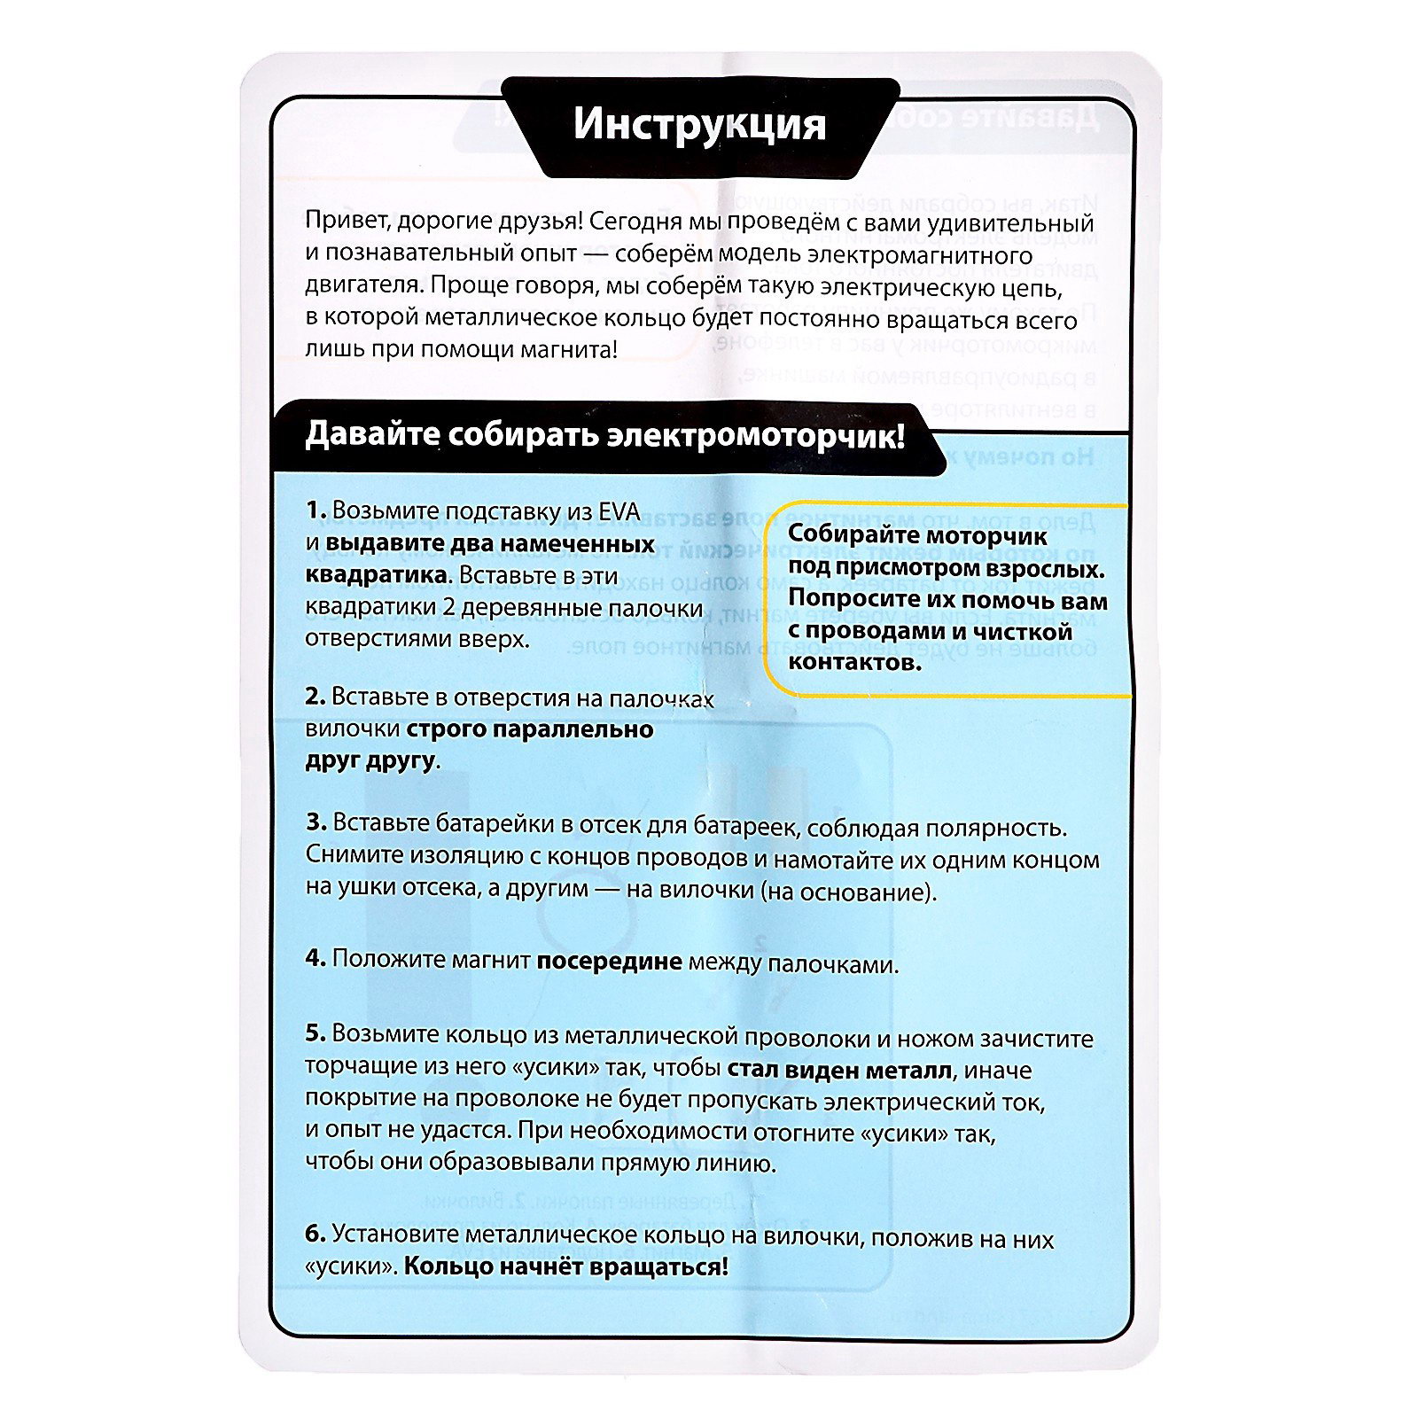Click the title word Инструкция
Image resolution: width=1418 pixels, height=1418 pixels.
(699, 125)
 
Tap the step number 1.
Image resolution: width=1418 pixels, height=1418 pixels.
(316, 510)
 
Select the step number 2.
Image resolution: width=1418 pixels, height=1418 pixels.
(316, 697)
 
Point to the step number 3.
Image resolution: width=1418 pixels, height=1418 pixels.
(316, 822)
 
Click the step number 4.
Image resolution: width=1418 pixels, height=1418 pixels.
(316, 958)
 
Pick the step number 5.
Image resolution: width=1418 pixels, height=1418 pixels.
(316, 1033)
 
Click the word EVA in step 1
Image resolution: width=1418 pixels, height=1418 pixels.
(619, 511)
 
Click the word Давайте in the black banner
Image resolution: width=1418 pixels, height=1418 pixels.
(371, 436)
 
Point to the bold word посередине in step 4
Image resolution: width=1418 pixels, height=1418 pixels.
(609, 961)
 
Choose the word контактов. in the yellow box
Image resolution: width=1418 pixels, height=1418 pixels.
(854, 662)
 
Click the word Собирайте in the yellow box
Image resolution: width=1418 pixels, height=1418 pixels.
(851, 536)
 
